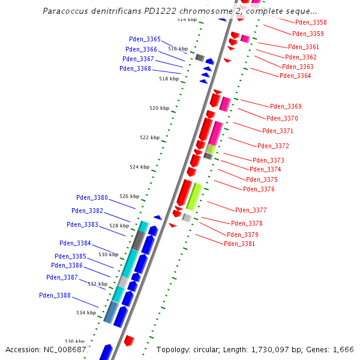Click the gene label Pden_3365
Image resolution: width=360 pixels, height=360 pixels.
pyautogui.click(x=145, y=39)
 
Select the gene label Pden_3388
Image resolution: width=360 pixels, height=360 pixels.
pyautogui.click(x=55, y=295)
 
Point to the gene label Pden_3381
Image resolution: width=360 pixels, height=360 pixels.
pyautogui.click(x=239, y=244)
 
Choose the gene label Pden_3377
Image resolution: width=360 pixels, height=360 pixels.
pyautogui.click(x=251, y=210)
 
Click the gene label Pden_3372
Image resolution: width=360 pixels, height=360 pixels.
pyautogui.click(x=273, y=146)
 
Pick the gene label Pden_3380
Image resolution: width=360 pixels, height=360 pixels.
pyautogui.click(x=92, y=197)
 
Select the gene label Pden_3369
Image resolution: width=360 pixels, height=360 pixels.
pyautogui.click(x=286, y=106)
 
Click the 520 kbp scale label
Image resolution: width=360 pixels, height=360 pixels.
pyautogui.click(x=159, y=108)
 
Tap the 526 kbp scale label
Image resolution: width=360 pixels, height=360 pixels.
pyautogui.click(x=129, y=196)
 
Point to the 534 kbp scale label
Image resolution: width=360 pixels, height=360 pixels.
pyautogui.click(x=86, y=313)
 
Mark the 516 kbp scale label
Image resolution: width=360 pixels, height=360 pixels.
pyautogui.click(x=178, y=49)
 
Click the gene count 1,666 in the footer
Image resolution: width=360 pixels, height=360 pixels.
pyautogui.click(x=343, y=349)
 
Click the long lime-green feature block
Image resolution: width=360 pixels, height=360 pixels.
pyautogui.click(x=194, y=196)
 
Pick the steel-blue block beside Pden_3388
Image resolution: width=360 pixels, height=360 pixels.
pyautogui.click(x=110, y=312)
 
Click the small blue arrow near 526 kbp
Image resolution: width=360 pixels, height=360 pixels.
pyautogui.click(x=158, y=217)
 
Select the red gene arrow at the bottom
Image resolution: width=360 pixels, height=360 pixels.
pyautogui.click(x=128, y=340)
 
